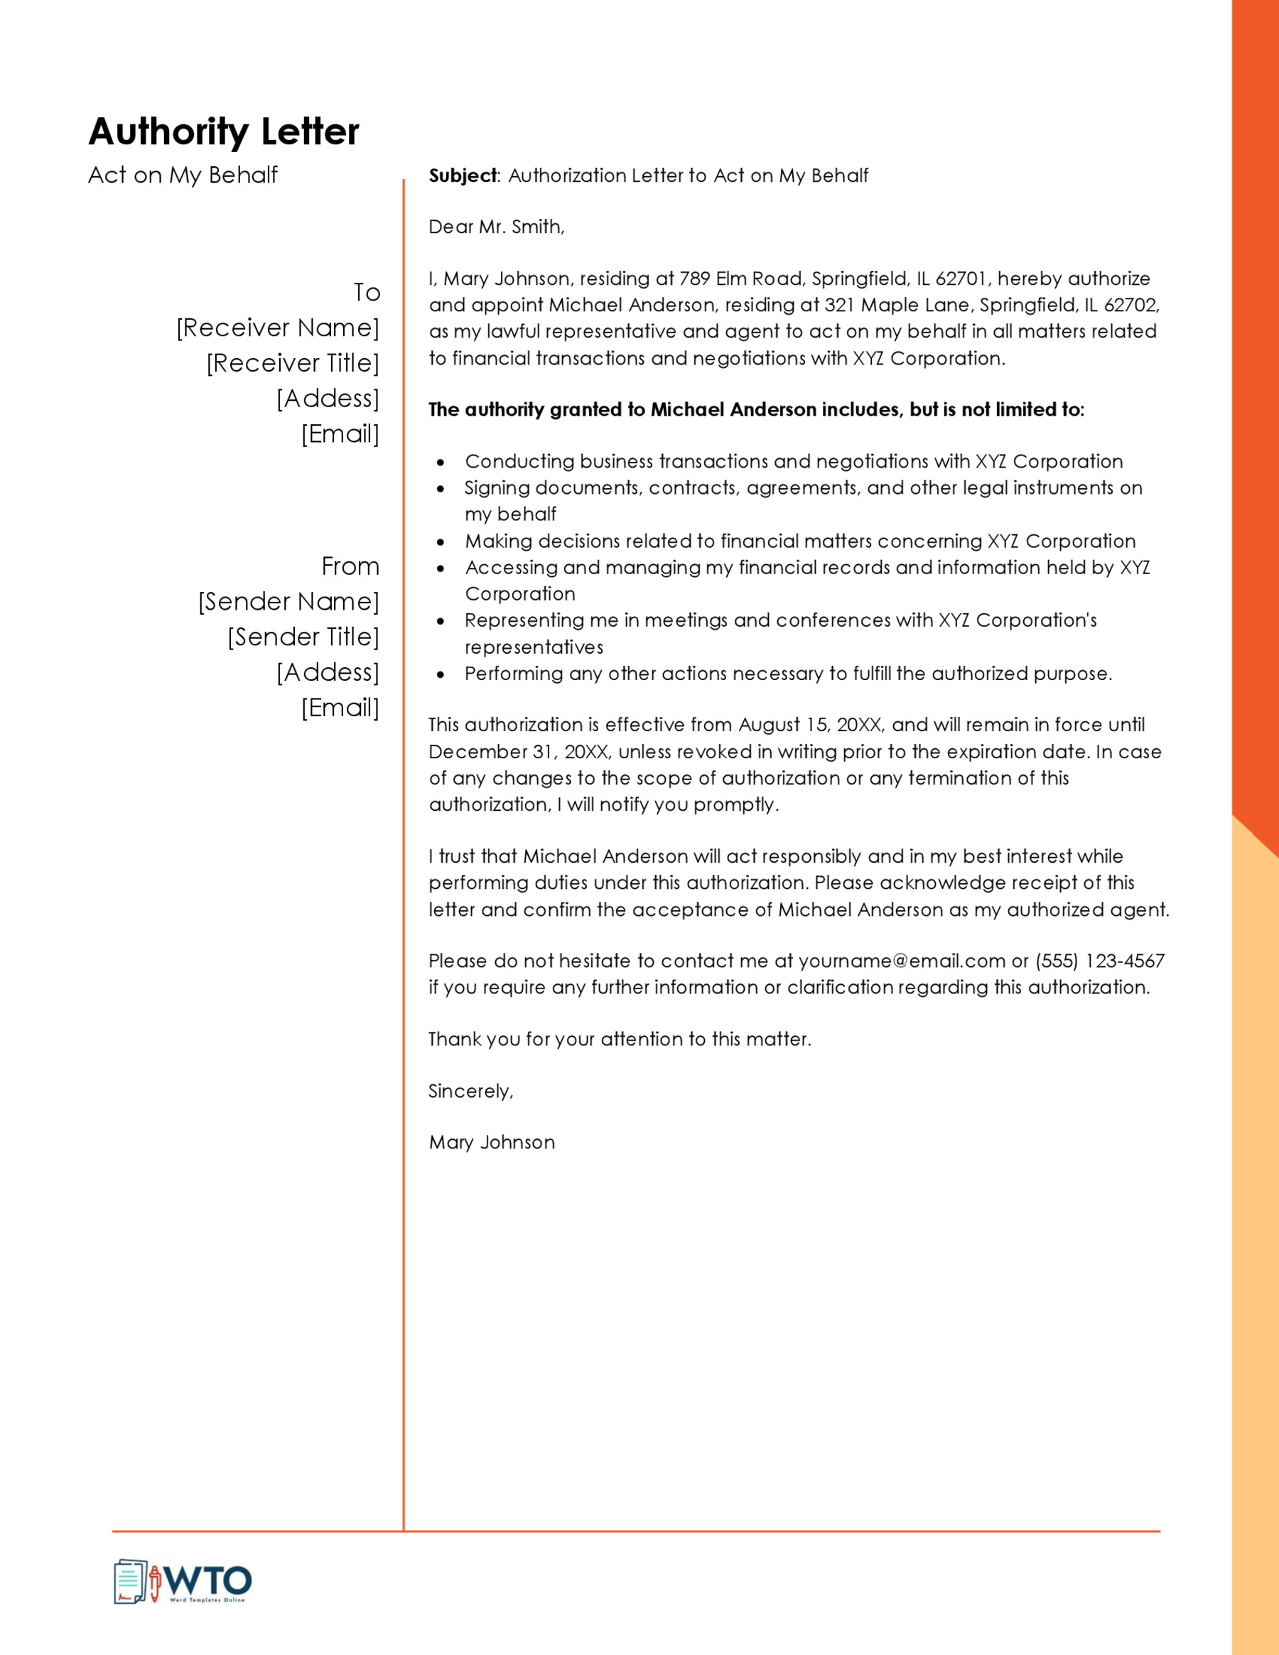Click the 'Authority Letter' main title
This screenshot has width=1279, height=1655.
[224, 132]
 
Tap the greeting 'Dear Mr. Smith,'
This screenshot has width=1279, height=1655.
[496, 227]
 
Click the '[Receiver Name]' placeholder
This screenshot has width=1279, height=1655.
[277, 328]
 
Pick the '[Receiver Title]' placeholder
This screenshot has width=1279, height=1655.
[293, 363]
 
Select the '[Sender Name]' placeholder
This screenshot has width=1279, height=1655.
[288, 602]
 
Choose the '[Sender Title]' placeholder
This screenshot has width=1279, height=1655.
[303, 637]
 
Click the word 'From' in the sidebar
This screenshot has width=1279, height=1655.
[350, 566]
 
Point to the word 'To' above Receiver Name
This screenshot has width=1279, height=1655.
[367, 293]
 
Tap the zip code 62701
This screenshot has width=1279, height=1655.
[961, 279]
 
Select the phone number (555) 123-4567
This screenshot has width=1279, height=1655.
[1100, 961]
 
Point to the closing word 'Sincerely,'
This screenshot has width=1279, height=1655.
[470, 1091]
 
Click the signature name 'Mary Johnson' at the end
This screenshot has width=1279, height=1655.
[492, 1143]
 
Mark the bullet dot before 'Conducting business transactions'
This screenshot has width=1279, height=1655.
[441, 462]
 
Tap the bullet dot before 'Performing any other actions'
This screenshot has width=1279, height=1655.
[441, 674]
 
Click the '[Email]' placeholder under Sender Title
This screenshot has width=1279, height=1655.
[340, 708]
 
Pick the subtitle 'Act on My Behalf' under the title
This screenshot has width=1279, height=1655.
[183, 175]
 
